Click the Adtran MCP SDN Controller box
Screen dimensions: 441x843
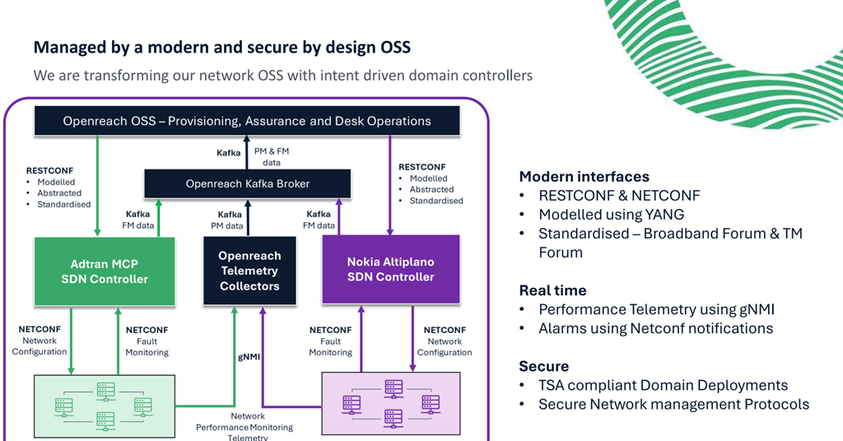105,271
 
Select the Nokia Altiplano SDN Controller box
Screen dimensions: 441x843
390,269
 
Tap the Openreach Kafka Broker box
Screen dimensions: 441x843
247,183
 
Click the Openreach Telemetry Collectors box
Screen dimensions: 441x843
249,271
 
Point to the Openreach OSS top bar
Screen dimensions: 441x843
246,121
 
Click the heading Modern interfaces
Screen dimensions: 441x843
584,176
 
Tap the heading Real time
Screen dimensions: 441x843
552,290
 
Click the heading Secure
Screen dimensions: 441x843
543,366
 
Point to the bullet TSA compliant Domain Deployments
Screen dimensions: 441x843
663,385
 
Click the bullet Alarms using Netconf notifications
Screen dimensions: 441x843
655,328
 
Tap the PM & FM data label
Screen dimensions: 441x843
271,156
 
